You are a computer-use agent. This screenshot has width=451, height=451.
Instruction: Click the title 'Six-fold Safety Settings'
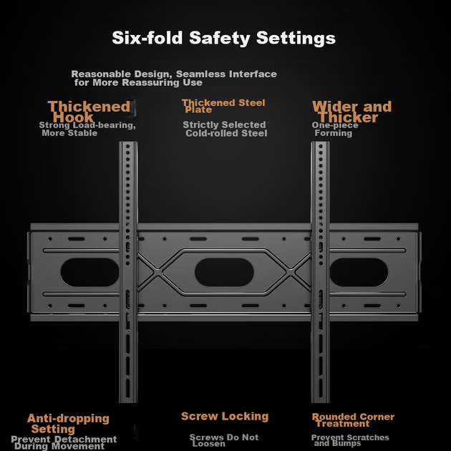click(224, 38)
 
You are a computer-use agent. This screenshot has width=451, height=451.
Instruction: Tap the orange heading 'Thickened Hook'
click(89, 112)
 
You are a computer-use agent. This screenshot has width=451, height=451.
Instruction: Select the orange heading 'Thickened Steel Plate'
click(223, 106)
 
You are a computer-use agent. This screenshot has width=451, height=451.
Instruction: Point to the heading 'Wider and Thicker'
click(352, 112)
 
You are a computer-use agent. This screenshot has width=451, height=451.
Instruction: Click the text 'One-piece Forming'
click(335, 129)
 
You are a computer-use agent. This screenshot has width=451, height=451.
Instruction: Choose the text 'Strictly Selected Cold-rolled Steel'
click(225, 129)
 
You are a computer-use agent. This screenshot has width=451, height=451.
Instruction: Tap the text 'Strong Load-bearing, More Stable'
click(87, 129)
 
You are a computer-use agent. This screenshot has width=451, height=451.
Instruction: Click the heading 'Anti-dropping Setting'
click(68, 424)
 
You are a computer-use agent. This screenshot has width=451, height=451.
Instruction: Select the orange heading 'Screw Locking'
click(225, 416)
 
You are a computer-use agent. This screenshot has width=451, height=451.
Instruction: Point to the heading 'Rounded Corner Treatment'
click(353, 420)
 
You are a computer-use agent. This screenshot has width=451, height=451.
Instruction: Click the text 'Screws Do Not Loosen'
click(224, 440)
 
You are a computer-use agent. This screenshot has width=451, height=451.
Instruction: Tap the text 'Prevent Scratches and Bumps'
click(350, 440)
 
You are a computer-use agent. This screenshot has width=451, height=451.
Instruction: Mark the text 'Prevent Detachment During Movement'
click(64, 442)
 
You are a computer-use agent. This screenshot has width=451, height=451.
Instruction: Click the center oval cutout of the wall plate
click(224, 272)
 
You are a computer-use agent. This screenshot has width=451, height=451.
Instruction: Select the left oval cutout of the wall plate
click(89, 272)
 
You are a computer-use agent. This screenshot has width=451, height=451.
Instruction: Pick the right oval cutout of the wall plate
click(359, 272)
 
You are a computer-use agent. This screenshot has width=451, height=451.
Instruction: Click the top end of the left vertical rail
click(128, 142)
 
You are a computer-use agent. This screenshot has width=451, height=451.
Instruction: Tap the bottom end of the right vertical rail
click(320, 402)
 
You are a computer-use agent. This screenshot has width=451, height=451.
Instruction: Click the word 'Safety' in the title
click(220, 38)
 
